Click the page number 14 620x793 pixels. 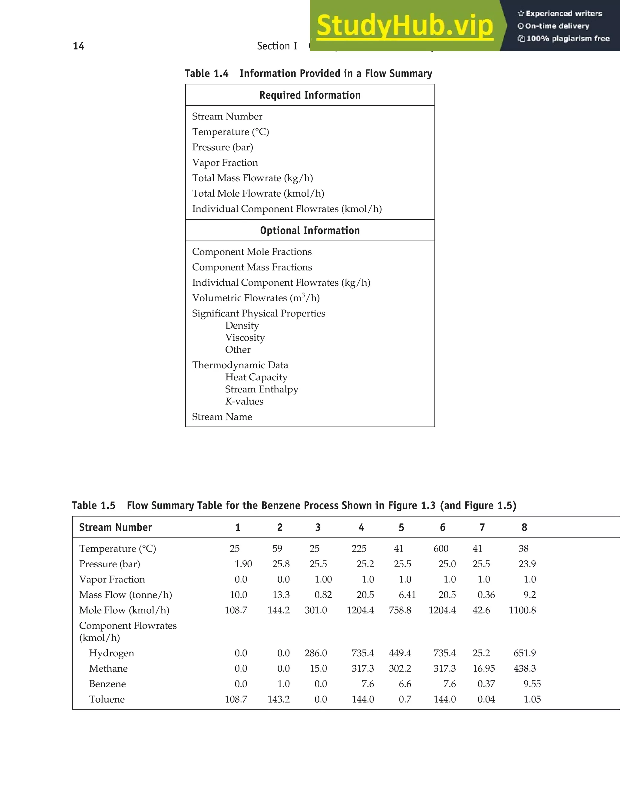click(x=78, y=46)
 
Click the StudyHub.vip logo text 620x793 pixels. click(x=405, y=26)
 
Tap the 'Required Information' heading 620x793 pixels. click(x=310, y=95)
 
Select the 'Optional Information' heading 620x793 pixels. click(x=310, y=231)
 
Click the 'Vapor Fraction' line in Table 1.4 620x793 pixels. click(x=225, y=163)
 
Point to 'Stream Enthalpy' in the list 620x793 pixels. click(x=262, y=389)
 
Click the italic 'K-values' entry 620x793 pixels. click(x=244, y=401)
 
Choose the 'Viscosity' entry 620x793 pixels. click(x=245, y=338)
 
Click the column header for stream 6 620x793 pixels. click(x=442, y=527)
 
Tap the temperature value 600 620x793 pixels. click(x=441, y=549)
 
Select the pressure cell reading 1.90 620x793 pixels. click(x=243, y=564)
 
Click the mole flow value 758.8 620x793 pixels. click(x=400, y=610)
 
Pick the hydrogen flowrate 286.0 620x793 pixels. click(x=316, y=653)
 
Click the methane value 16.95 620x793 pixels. click(x=483, y=668)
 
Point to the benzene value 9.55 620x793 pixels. click(x=532, y=684)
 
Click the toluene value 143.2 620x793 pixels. click(x=279, y=699)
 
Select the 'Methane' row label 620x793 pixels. click(x=108, y=668)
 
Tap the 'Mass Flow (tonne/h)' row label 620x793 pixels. click(x=125, y=595)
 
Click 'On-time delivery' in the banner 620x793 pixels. click(x=557, y=26)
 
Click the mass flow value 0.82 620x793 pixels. click(x=323, y=595)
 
